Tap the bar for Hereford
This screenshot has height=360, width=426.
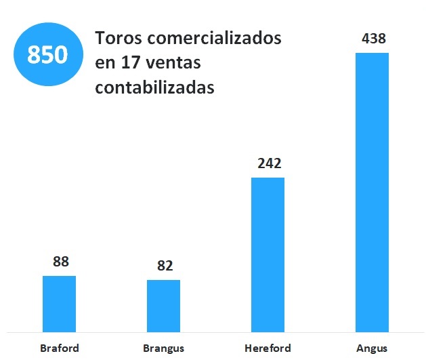coord(268,255)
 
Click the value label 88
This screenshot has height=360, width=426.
coord(61,261)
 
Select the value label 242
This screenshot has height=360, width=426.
coord(269,163)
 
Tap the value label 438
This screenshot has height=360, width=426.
coord(373,39)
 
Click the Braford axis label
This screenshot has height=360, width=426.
coord(60,348)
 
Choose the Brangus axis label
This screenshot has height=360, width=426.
coord(163,348)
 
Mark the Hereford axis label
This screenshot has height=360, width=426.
coord(268,348)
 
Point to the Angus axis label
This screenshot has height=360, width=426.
coord(372,348)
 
